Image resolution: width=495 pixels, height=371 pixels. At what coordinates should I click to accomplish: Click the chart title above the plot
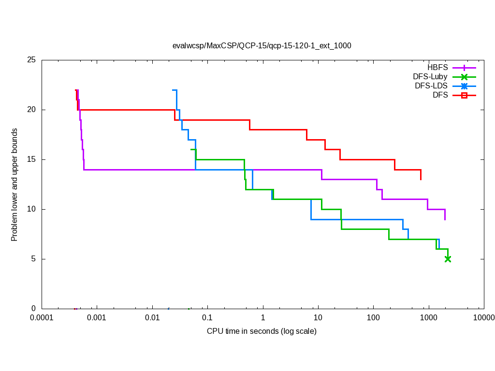[x=262, y=46]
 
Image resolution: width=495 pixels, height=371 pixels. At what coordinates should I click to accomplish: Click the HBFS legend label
[x=437, y=67]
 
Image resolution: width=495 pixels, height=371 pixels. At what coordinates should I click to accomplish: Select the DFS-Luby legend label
[x=430, y=76]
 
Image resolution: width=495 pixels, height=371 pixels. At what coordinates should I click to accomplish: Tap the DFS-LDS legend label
[x=431, y=86]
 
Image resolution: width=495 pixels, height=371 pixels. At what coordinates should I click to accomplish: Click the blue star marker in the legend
[x=464, y=86]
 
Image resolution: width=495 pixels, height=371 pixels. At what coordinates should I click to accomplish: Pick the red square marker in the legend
[x=464, y=95]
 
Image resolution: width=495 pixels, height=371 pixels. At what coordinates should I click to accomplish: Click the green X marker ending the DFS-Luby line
[x=448, y=259]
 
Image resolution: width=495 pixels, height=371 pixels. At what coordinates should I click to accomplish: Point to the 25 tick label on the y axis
[x=32, y=60]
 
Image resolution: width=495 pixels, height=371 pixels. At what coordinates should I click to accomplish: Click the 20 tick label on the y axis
[x=32, y=110]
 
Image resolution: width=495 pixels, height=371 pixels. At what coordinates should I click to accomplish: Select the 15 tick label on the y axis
[x=32, y=159]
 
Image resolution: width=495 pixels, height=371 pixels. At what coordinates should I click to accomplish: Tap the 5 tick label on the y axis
[x=34, y=259]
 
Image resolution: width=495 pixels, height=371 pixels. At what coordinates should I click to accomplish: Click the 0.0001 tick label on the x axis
[x=42, y=318]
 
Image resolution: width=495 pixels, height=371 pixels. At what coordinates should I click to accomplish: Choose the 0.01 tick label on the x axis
[x=152, y=318]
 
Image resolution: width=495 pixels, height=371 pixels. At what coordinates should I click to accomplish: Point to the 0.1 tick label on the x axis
[x=207, y=318]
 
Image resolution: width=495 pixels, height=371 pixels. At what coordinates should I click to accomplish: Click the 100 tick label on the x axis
[x=373, y=318]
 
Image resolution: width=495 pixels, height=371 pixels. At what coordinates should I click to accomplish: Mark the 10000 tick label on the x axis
[x=483, y=318]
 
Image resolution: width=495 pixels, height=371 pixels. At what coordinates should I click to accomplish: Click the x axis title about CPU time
[x=262, y=331]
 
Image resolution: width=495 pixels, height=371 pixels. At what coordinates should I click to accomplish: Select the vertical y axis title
[x=15, y=185]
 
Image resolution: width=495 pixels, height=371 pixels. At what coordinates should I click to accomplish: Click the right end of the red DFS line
[x=421, y=180]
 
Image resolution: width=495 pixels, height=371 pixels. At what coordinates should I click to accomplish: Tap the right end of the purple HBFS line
[x=445, y=219]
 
